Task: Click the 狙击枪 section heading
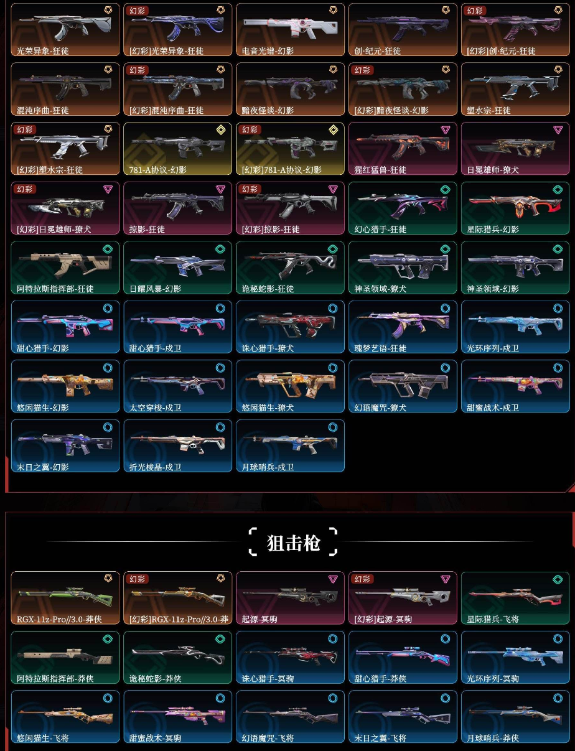292,543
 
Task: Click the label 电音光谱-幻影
269,51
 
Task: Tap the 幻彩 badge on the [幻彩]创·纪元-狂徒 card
475,11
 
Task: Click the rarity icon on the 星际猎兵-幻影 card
557,189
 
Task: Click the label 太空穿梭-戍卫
156,408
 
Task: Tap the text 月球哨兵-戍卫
268,467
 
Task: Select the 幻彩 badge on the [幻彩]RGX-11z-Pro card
138,579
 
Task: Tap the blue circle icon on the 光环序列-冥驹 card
557,638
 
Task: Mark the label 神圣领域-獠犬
380,289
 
